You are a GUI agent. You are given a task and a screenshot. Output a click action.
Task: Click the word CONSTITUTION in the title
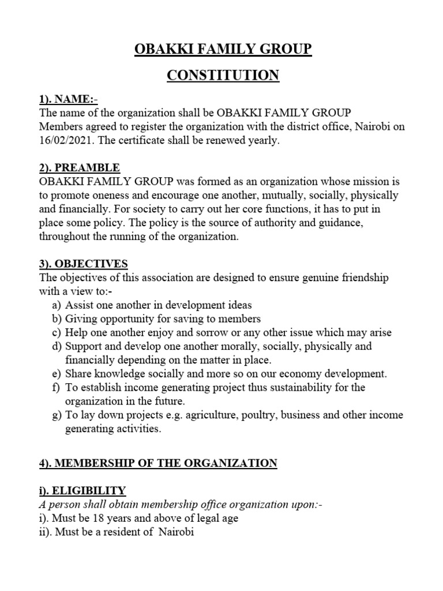(223, 75)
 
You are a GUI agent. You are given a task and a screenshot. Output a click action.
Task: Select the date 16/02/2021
(65, 140)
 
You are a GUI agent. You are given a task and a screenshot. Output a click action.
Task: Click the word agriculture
(195, 415)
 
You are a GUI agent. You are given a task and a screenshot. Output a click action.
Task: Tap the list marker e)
(56, 373)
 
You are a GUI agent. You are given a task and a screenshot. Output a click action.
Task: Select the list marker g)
(56, 415)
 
